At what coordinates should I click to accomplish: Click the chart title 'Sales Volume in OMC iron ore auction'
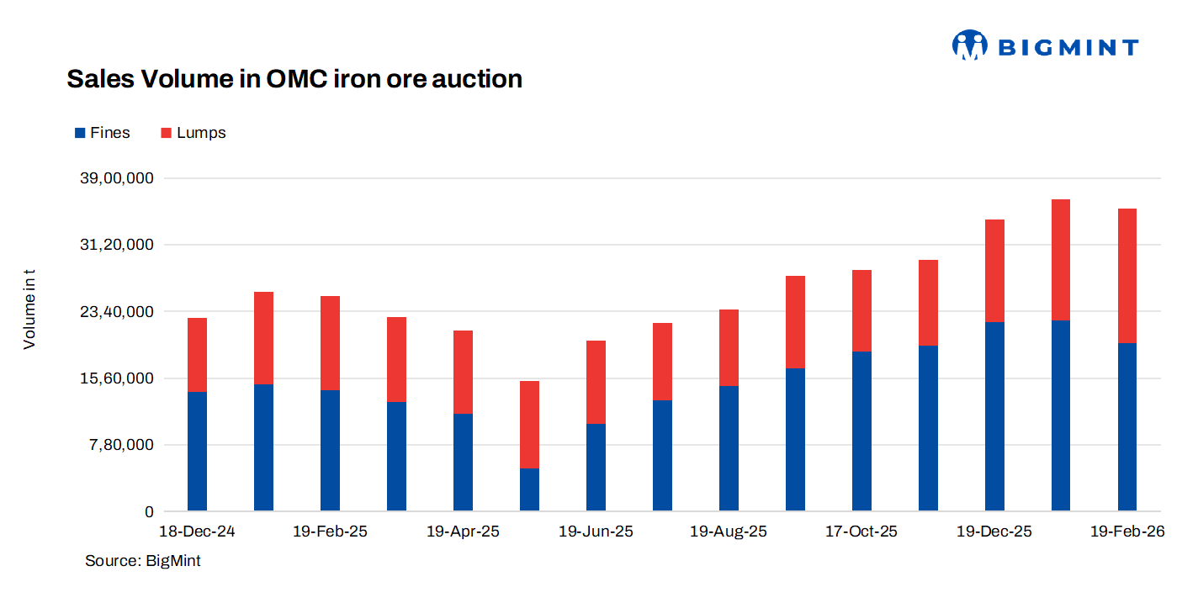[294, 79]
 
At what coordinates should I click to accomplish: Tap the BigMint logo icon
[969, 45]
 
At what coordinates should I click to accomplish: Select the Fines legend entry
[103, 133]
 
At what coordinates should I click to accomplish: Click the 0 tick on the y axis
[149, 511]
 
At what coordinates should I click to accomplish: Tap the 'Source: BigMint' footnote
[143, 560]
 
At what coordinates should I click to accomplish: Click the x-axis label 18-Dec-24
[197, 532]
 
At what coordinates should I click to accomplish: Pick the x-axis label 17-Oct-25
[861, 532]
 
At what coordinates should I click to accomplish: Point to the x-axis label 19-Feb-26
[1126, 532]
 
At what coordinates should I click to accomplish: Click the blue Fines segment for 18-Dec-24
[197, 452]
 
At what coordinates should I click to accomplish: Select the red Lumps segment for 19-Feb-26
[1126, 275]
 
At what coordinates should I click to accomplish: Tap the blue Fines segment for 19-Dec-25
[994, 416]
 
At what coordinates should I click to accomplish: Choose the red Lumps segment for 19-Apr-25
[463, 372]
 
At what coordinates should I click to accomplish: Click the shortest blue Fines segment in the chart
[529, 489]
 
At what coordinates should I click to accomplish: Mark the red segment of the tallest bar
[1060, 260]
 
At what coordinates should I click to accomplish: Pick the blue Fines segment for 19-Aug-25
[729, 448]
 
